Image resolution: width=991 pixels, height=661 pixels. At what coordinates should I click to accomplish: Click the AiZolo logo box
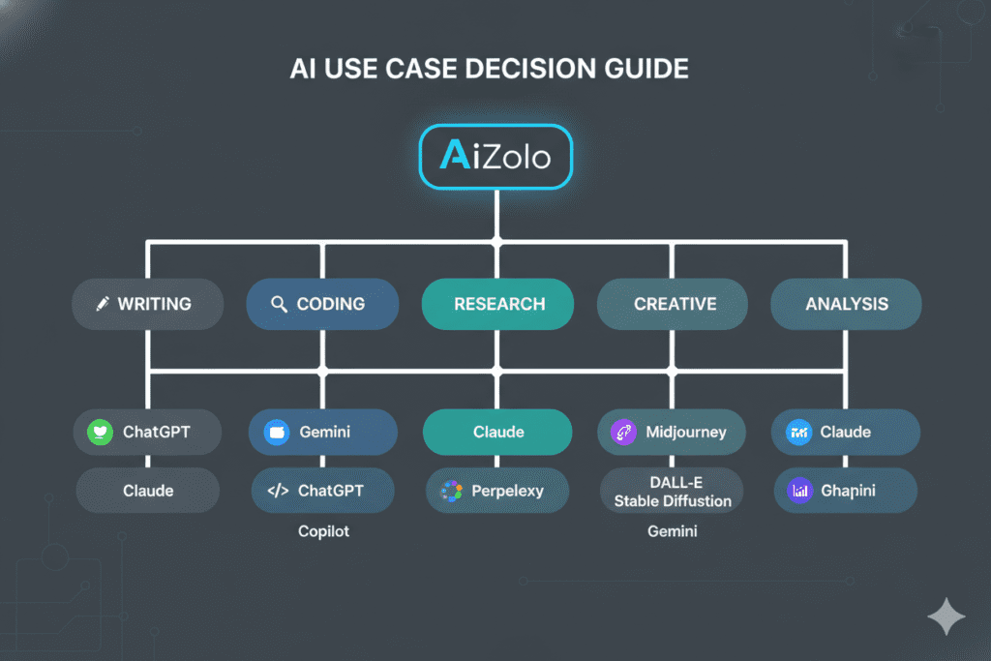[495, 155]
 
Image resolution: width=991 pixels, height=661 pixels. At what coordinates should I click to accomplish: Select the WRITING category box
[147, 304]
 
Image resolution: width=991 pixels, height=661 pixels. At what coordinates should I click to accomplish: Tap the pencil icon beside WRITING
[103, 304]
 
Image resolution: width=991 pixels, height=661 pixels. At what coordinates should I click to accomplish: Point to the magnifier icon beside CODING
[279, 304]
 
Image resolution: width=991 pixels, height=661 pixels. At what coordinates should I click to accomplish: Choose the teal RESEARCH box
[497, 304]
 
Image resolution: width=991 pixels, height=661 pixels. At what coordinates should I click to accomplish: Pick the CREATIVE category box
[674, 304]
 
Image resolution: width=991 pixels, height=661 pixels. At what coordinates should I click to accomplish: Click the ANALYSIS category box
[846, 304]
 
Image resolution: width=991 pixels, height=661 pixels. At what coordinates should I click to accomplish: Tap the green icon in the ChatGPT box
[100, 433]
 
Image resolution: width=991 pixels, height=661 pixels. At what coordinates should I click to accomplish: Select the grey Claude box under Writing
[147, 491]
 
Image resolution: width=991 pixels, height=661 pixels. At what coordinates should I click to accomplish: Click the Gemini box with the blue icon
[322, 433]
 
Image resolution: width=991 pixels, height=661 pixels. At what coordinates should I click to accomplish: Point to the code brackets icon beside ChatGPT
[278, 491]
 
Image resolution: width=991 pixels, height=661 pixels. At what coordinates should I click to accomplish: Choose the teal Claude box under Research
[497, 433]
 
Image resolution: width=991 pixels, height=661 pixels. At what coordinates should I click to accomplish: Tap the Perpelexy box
[497, 492]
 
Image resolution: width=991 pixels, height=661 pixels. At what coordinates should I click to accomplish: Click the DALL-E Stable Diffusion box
[672, 492]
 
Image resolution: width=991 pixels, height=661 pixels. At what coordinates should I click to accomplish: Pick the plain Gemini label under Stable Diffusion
[672, 532]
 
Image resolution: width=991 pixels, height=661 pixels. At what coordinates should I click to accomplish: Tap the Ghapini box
[845, 492]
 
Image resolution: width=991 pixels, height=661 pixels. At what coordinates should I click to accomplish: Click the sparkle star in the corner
[946, 616]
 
